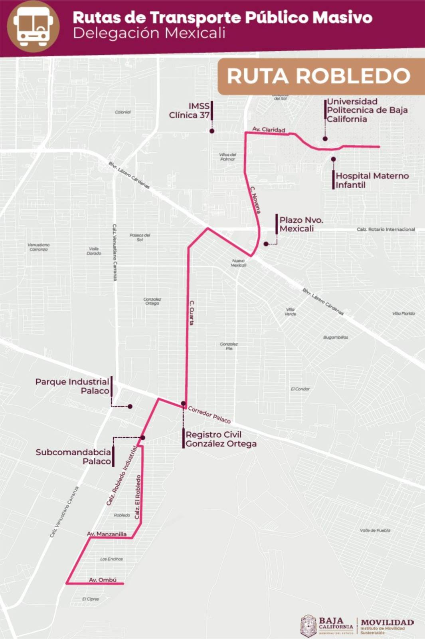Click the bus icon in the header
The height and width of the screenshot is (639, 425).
pyautogui.click(x=33, y=26)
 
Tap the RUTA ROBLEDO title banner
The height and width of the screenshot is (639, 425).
pyautogui.click(x=318, y=76)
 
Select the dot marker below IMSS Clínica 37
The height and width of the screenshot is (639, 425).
pyautogui.click(x=212, y=131)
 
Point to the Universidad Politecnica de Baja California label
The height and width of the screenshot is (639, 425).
pyautogui.click(x=367, y=110)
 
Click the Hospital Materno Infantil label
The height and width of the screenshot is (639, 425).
pyautogui.click(x=372, y=180)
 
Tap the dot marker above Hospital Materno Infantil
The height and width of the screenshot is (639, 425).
pyautogui.click(x=333, y=159)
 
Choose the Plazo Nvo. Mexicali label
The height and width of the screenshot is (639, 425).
pyautogui.click(x=301, y=224)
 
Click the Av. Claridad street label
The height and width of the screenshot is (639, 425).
pyautogui.click(x=269, y=129)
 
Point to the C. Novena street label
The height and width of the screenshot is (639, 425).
pyautogui.click(x=255, y=200)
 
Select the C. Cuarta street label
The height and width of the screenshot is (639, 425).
pyautogui.click(x=192, y=313)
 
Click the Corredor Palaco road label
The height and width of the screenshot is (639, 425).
pyautogui.click(x=209, y=415)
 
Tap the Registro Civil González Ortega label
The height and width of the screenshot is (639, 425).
pyautogui.click(x=221, y=439)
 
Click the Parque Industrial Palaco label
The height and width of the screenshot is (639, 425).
pyautogui.click(x=72, y=386)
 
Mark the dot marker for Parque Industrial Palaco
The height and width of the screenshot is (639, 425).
pyautogui.click(x=130, y=407)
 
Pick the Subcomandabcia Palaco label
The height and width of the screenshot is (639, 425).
pyautogui.click(x=73, y=456)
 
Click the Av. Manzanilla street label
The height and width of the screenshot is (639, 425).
pyautogui.click(x=107, y=534)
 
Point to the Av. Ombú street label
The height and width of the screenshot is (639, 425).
pyautogui.click(x=103, y=580)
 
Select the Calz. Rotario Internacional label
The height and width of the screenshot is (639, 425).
pyautogui.click(x=385, y=229)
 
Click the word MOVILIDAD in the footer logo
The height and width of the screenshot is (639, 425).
pyautogui.click(x=387, y=623)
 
